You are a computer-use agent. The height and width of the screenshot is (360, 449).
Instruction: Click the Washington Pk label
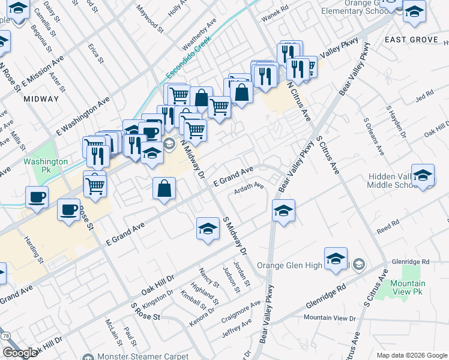click(46, 166)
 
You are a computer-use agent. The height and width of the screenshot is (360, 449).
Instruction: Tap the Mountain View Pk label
click(408, 287)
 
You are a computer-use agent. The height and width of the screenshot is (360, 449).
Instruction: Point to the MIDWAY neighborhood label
click(41, 99)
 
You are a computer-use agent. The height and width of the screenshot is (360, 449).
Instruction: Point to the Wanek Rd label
click(275, 8)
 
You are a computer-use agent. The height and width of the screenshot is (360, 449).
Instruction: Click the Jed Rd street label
click(424, 96)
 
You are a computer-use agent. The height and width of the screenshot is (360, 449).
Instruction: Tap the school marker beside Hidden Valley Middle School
click(423, 175)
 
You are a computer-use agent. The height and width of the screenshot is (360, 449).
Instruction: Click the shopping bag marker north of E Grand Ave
click(164, 189)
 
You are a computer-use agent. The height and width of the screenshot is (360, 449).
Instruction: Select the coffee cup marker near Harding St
click(37, 197)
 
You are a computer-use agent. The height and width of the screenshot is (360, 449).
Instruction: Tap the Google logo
click(19, 353)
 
